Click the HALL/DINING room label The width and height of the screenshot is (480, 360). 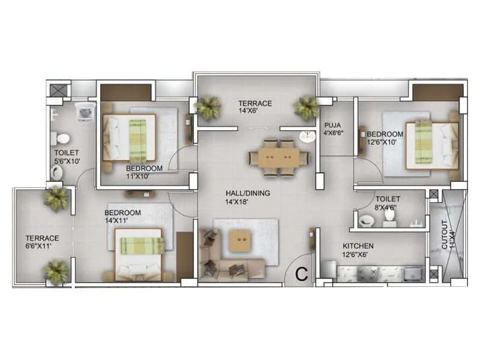tap(248, 193)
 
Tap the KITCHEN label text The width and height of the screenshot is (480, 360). tap(358, 246)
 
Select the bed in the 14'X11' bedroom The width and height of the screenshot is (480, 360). tap(140, 253)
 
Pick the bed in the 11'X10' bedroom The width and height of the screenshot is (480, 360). tap(130, 137)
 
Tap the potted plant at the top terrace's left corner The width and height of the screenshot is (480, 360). tap(208, 108)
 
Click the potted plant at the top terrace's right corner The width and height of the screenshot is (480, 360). tap(306, 108)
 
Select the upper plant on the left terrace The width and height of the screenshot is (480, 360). tap(57, 198)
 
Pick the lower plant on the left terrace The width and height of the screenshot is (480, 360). tap(57, 271)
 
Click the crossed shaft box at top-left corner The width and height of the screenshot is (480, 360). tap(58, 89)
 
